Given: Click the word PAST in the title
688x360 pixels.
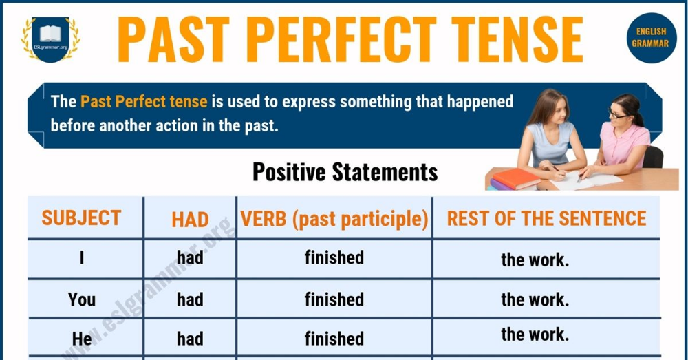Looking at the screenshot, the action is [x=174, y=39].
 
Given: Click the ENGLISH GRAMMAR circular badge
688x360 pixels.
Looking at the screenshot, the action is [x=651, y=38].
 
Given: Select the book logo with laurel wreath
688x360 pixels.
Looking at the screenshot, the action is [x=51, y=39].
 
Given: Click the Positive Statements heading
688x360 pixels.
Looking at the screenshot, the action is [x=345, y=172].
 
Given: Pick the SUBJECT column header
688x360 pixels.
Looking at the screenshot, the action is [x=81, y=218].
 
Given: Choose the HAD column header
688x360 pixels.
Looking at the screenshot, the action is [x=190, y=220].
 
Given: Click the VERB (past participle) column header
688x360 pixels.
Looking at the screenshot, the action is [x=334, y=220].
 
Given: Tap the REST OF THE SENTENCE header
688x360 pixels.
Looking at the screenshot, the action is [x=547, y=219].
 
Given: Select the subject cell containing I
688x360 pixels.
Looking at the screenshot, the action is [x=82, y=257].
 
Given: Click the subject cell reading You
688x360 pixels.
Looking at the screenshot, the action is [x=82, y=300].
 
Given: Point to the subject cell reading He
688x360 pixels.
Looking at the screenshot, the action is [x=82, y=339].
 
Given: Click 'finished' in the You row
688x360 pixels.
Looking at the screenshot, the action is [x=334, y=299].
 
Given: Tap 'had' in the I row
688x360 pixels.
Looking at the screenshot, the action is [x=190, y=257].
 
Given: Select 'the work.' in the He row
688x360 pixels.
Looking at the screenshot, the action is [x=535, y=335].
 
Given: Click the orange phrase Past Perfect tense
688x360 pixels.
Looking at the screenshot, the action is [x=144, y=102].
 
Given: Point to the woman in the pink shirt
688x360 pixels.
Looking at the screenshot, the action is [x=624, y=137].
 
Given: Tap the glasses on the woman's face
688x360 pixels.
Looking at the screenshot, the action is [x=617, y=115].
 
